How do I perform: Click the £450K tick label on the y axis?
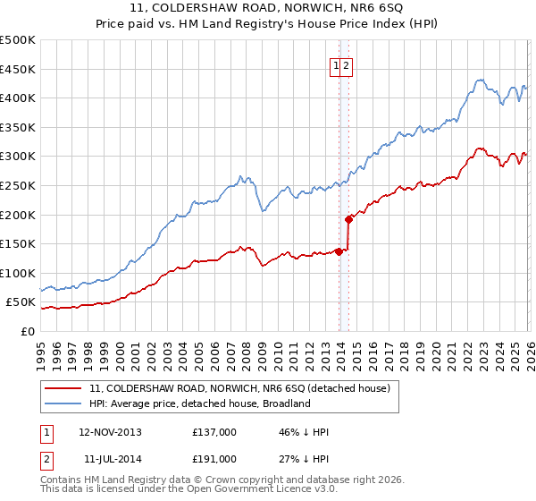(18, 69)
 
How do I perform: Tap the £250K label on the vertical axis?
(18, 185)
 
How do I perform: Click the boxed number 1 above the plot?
(337, 65)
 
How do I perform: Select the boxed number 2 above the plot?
(348, 65)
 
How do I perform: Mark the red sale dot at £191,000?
(348, 219)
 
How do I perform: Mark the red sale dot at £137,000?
(339, 251)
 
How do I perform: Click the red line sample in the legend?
(63, 389)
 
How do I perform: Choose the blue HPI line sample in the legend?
(63, 403)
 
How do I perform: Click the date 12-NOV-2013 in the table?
(110, 432)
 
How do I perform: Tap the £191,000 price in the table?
(214, 458)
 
